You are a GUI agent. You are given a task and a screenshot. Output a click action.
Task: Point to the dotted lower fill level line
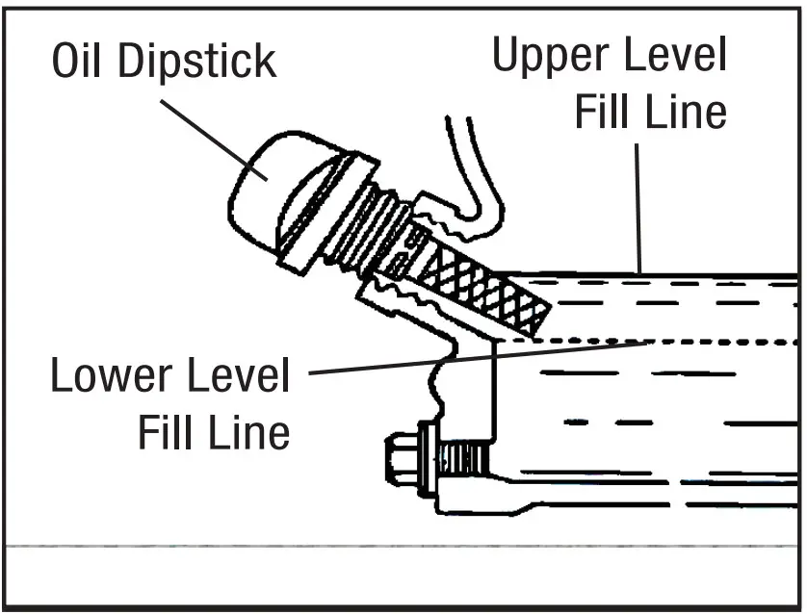click(674, 342)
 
